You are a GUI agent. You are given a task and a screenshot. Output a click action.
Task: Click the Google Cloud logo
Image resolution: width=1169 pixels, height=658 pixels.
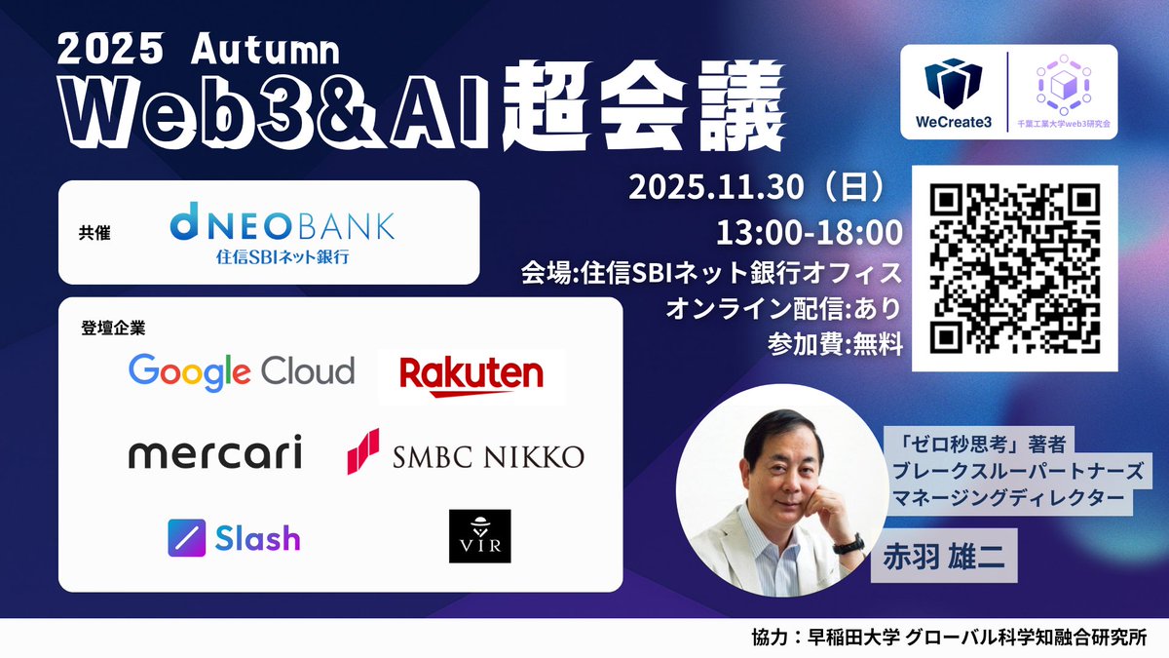(242, 371)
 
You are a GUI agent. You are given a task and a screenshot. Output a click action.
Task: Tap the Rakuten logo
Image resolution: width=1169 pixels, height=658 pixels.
(471, 375)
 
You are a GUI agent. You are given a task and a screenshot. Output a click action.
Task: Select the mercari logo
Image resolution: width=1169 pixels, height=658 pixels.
(215, 453)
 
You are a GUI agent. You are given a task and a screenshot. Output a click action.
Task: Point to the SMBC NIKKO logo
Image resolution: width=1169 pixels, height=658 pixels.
(466, 454)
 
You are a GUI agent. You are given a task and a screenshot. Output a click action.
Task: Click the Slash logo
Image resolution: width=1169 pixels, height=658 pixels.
(234, 538)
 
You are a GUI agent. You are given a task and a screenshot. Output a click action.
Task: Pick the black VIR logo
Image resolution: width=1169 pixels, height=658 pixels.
(479, 536)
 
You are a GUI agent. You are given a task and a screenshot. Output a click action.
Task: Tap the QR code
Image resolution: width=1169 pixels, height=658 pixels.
(1013, 268)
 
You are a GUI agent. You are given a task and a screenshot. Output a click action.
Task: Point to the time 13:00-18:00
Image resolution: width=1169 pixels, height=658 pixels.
(810, 232)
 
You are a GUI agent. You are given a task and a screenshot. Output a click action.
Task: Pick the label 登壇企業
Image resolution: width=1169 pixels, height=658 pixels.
(106, 327)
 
